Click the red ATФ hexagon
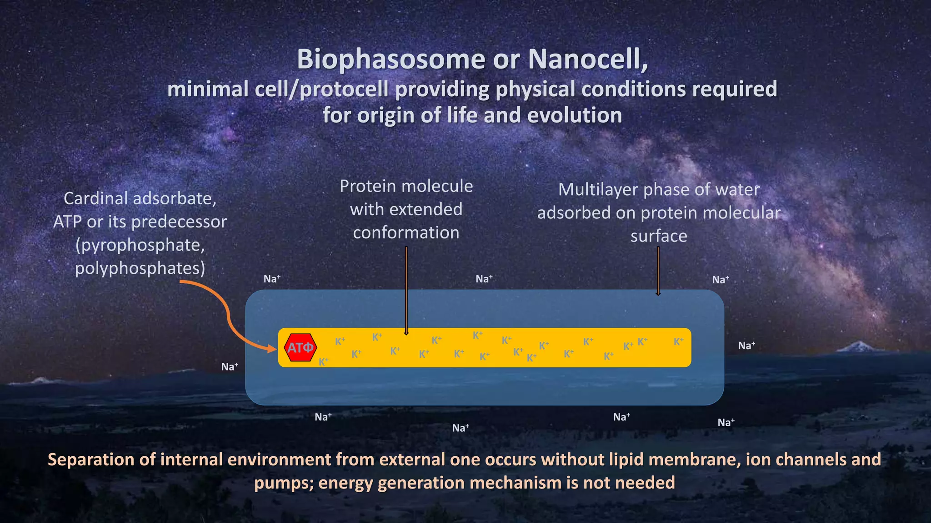(x=300, y=348)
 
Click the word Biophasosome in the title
(x=391, y=59)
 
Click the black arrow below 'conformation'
(x=406, y=291)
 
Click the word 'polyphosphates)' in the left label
(x=140, y=268)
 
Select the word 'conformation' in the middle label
(x=406, y=233)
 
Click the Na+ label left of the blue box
(x=230, y=367)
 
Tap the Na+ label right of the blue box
(x=746, y=346)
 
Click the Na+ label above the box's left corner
(x=272, y=279)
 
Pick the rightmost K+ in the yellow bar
(x=678, y=342)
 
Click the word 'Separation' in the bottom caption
(x=91, y=460)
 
